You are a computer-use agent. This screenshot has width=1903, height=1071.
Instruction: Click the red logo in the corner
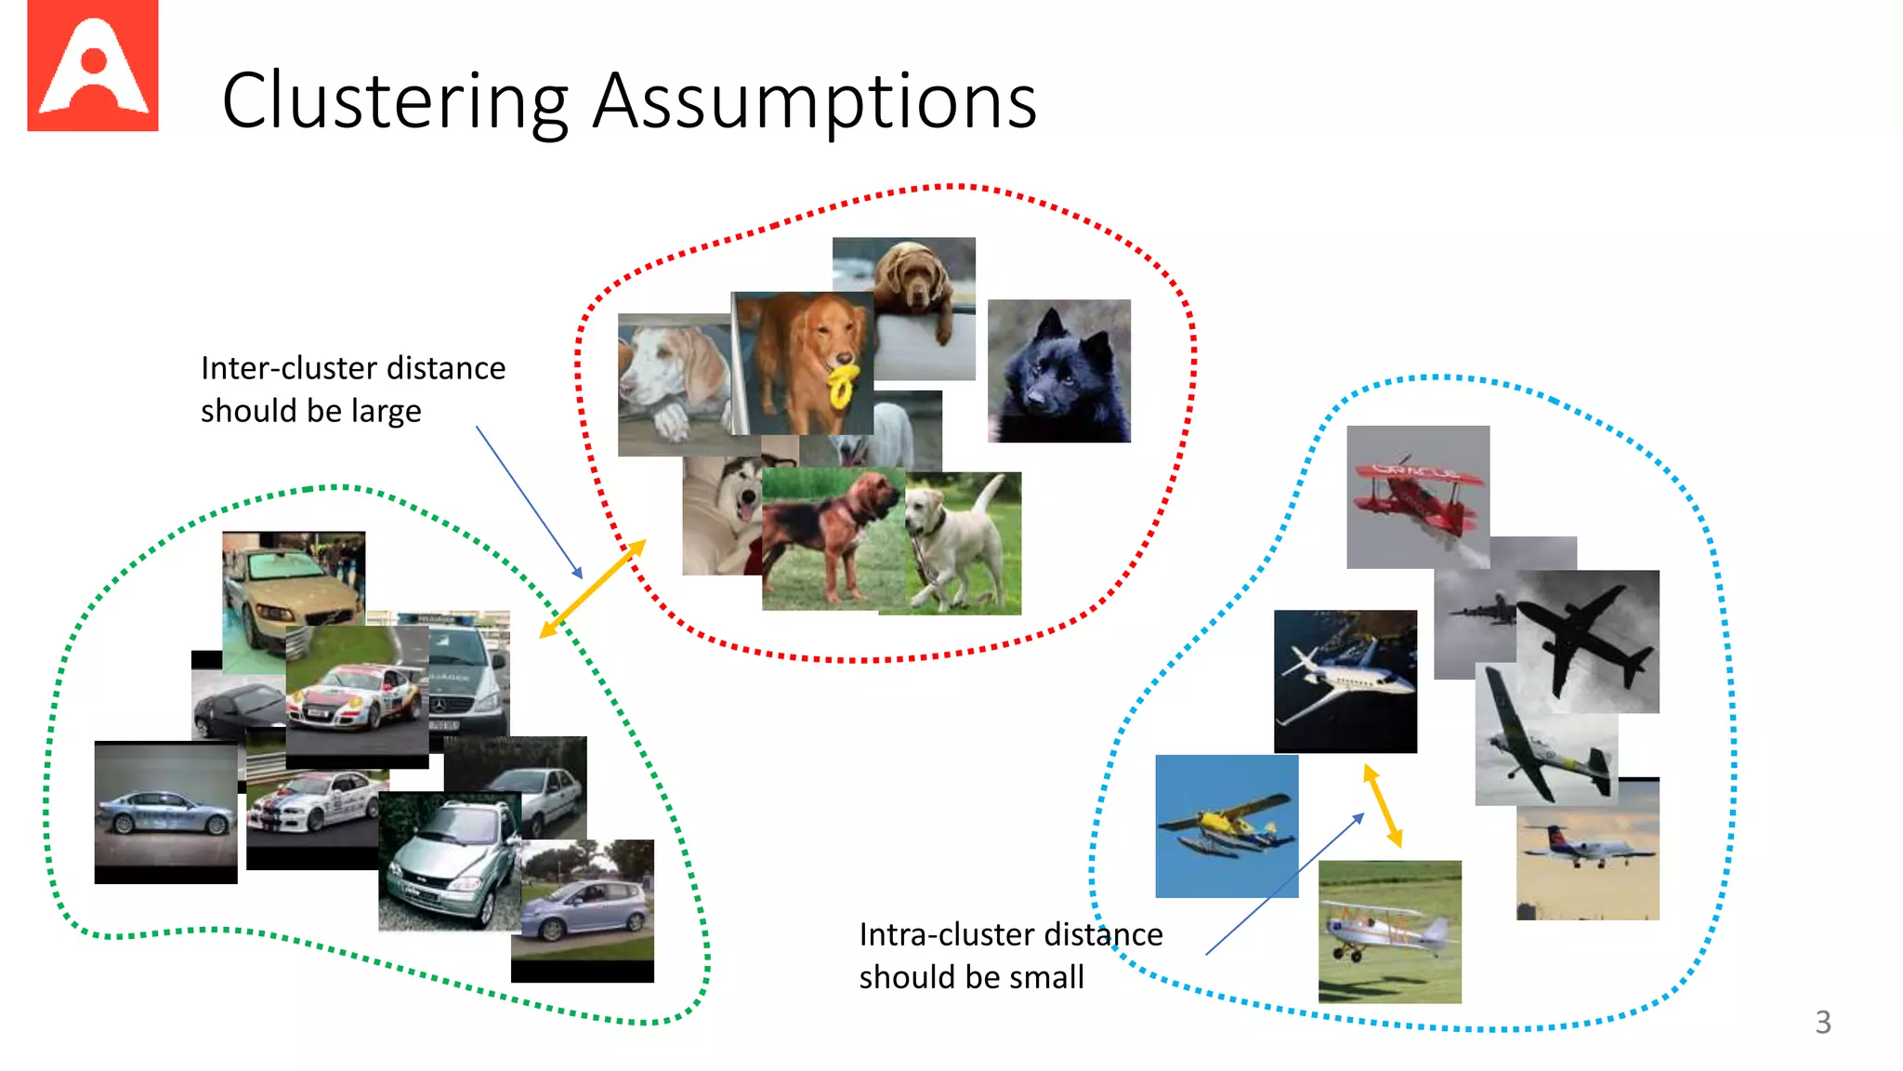[x=92, y=66]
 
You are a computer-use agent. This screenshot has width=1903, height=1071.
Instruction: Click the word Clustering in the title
[x=395, y=101]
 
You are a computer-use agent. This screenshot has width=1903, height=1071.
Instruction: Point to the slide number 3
[x=1822, y=1023]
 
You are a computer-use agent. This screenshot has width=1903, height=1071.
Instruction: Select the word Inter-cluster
[x=289, y=368]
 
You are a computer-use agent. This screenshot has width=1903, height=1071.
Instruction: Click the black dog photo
[x=1058, y=372]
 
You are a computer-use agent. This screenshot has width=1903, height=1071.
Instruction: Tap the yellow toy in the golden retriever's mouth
[x=843, y=385]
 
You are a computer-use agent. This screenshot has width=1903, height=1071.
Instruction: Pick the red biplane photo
[x=1417, y=496]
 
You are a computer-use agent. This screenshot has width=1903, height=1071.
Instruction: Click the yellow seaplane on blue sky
[x=1226, y=826]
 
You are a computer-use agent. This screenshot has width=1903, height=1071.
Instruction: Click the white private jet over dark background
[x=1345, y=681]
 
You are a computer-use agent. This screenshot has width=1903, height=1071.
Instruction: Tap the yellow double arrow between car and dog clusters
[x=592, y=589]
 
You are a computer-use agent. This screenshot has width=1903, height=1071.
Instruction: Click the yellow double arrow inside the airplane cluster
[x=1382, y=805]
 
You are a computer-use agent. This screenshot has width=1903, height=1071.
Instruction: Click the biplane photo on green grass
[x=1389, y=932]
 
